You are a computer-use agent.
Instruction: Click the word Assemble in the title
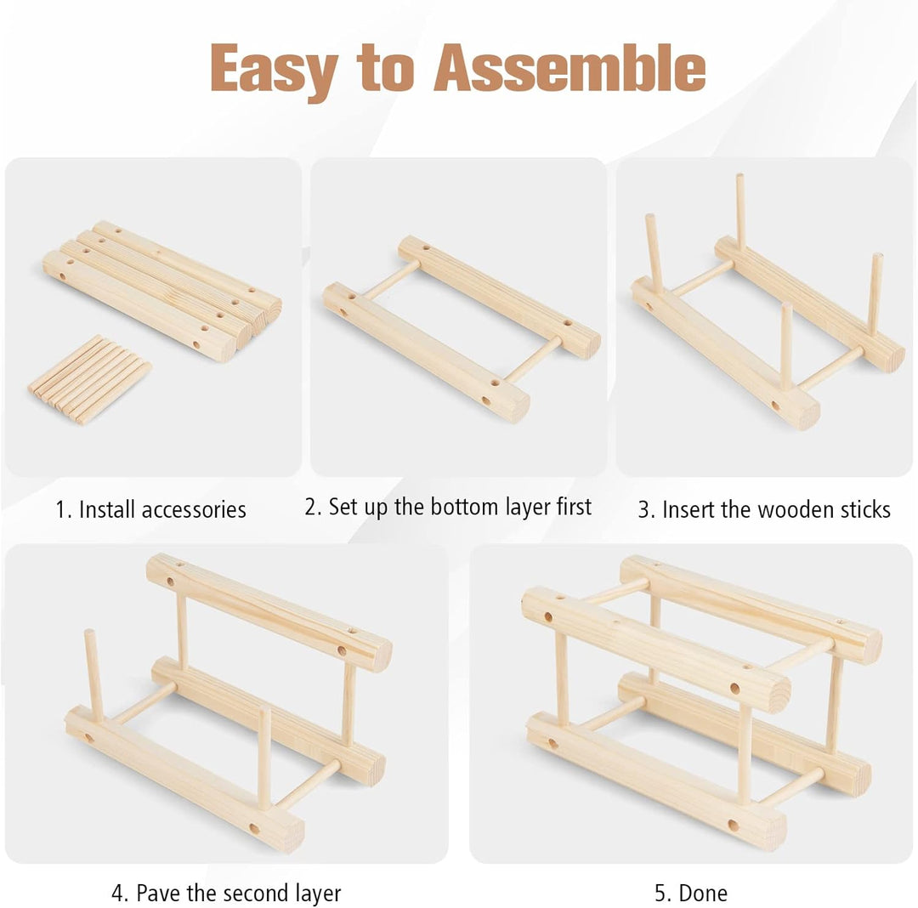[569, 68]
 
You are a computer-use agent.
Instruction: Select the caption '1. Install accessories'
[150, 509]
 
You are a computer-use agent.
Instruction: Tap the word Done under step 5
[703, 894]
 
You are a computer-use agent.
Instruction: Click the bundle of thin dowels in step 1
[89, 379]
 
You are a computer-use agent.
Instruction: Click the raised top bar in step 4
[269, 612]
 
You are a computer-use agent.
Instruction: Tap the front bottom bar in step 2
[426, 352]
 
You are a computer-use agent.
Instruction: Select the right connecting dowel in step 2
[533, 359]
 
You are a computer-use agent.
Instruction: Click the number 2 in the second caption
[310, 507]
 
